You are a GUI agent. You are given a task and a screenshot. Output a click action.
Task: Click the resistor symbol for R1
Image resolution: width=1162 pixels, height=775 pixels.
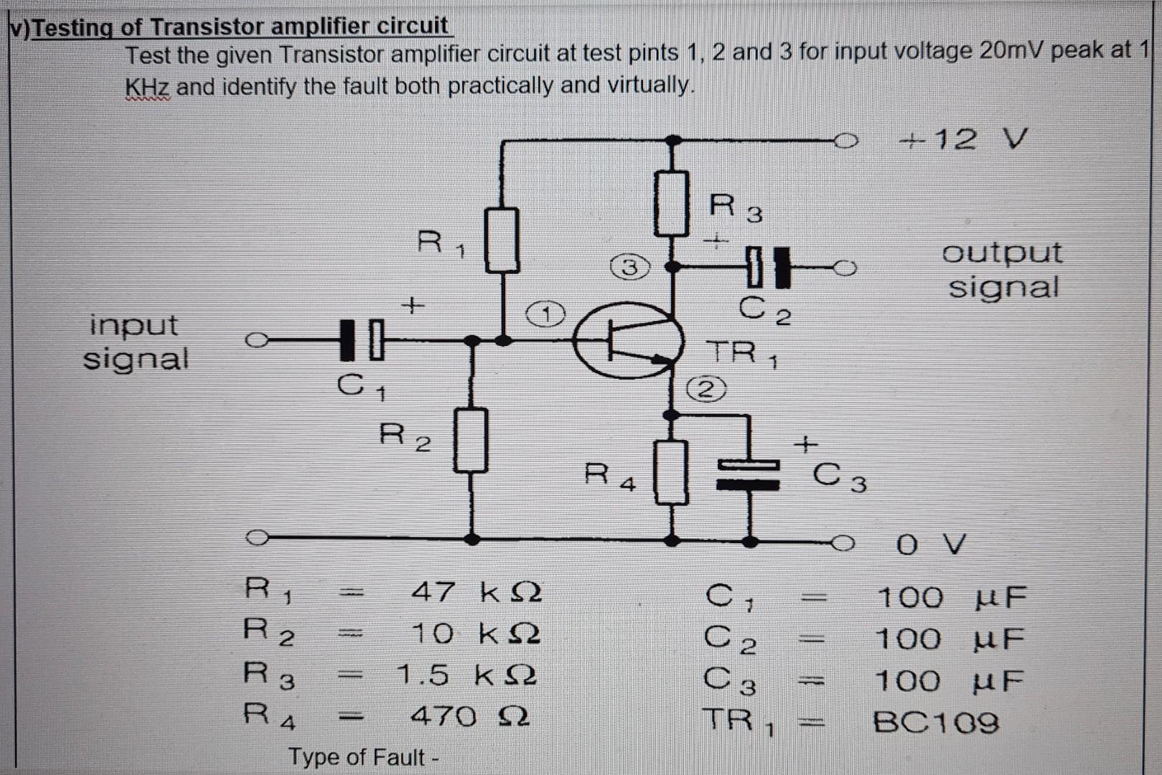coord(502,240)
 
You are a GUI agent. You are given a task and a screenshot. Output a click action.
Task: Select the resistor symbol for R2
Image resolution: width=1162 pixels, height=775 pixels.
coord(471,439)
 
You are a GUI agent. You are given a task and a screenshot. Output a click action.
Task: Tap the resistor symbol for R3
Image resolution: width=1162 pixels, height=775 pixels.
coord(672,204)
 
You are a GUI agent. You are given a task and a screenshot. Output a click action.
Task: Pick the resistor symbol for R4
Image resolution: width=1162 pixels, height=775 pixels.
coord(671,472)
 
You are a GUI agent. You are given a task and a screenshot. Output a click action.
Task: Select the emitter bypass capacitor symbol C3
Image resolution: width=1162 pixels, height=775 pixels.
coord(749,475)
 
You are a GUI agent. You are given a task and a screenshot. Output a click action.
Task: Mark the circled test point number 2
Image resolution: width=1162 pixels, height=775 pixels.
coord(707,390)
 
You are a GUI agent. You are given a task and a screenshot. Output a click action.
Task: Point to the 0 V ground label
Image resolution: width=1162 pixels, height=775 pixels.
coord(930,545)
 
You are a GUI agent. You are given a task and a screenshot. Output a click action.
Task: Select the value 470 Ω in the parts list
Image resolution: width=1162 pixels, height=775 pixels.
coord(470,715)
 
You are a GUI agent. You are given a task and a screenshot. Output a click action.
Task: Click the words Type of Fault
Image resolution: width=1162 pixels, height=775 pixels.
coord(357,757)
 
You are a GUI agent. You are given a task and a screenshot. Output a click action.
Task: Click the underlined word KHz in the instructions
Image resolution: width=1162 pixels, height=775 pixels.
coord(147,88)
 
